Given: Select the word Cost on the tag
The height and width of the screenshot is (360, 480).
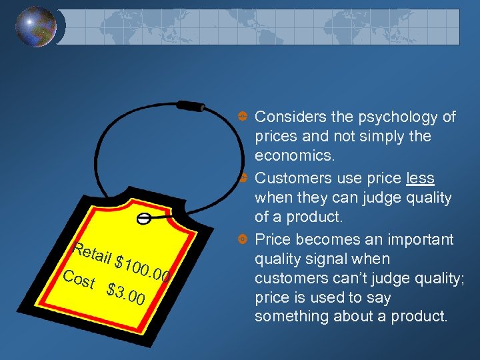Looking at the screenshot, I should coord(79,279).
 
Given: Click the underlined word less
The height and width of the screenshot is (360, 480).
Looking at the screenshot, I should coord(420,179).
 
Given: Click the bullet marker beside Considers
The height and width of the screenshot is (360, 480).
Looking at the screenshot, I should coord(244,117).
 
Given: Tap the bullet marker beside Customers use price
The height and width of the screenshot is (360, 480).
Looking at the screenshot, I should coord(244,178).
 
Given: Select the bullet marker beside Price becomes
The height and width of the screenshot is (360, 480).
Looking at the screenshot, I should coord(244,239).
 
